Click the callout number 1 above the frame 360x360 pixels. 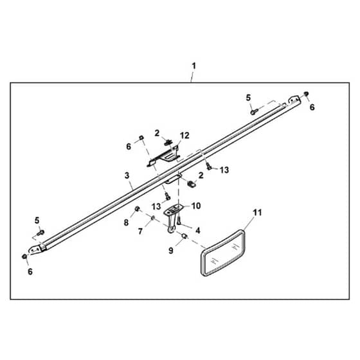click(194, 66)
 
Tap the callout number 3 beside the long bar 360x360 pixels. click(127, 175)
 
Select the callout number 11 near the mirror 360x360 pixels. click(257, 213)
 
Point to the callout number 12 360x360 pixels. click(184, 136)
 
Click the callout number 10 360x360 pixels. click(196, 206)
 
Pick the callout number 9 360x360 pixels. click(171, 251)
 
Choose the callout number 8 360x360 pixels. click(126, 222)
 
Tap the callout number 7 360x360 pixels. click(141, 231)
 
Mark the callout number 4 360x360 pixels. click(198, 230)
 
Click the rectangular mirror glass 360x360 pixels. click(222, 253)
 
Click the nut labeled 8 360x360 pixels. click(138, 209)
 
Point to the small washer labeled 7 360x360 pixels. click(152, 217)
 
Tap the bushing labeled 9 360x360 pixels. click(184, 236)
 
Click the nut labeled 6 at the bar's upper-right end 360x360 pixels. click(306, 94)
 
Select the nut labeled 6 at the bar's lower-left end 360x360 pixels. click(24, 256)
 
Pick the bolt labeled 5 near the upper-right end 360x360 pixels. click(254, 112)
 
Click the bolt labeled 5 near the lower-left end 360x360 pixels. click(40, 232)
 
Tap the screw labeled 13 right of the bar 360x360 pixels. click(209, 166)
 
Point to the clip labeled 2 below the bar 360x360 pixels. click(192, 184)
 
